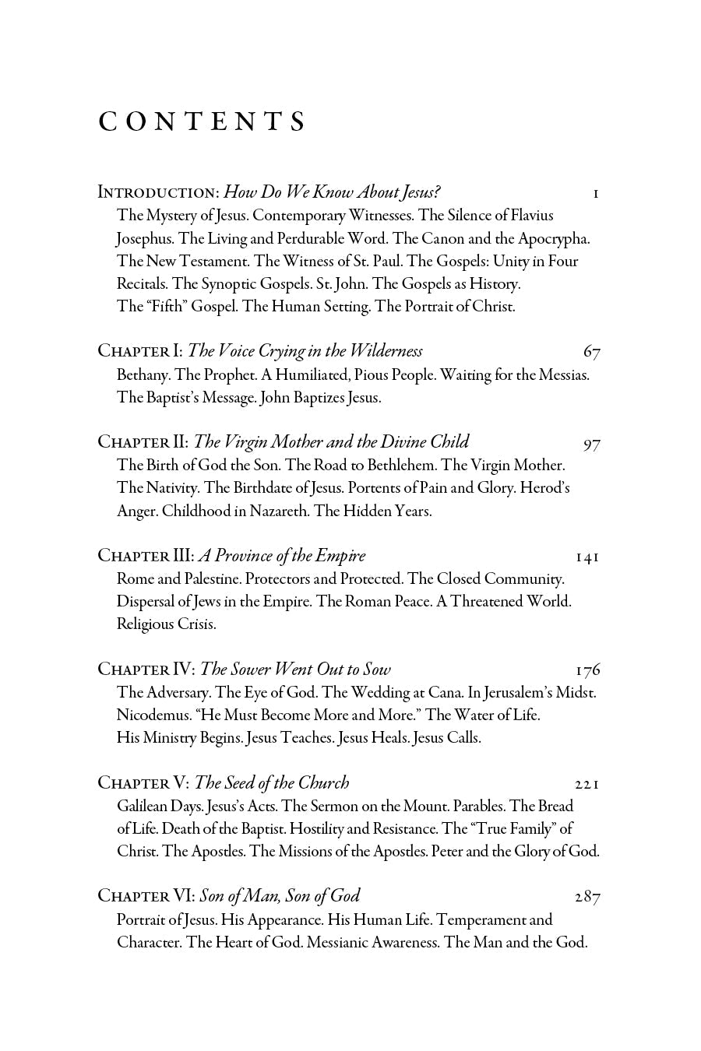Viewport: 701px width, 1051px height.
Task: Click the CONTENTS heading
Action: tap(202, 122)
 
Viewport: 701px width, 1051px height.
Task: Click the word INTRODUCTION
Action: tap(158, 192)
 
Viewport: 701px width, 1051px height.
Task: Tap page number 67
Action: tap(591, 352)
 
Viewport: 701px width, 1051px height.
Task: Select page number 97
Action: tap(591, 444)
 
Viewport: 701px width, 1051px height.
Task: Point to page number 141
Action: tap(587, 557)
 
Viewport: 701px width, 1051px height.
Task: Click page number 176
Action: tap(587, 670)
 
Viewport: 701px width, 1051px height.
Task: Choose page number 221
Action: tap(587, 784)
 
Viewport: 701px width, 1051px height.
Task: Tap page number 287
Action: tap(587, 898)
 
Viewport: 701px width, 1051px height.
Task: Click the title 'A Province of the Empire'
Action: tap(282, 556)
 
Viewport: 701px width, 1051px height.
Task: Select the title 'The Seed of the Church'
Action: tap(272, 783)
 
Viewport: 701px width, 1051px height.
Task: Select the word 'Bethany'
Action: tap(143, 375)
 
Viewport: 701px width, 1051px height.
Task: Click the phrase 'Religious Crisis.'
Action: tap(166, 624)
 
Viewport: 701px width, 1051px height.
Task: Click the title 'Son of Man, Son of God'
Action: tap(280, 897)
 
